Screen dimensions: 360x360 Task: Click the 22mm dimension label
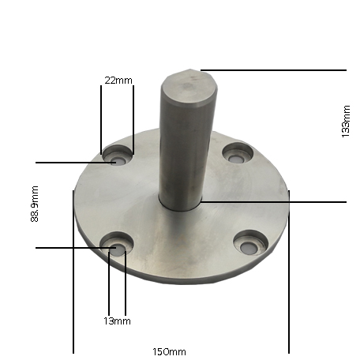(119, 81)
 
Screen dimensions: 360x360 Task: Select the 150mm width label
(170, 351)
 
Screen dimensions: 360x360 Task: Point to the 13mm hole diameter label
(117, 321)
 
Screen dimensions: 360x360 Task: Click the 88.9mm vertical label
(34, 204)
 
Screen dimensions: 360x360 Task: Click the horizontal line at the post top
(276, 70)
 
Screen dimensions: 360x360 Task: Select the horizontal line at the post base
(276, 202)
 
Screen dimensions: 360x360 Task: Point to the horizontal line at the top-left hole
(71, 163)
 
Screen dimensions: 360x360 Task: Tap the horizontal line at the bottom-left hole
(71, 249)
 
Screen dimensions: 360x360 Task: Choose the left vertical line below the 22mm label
(101, 118)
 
